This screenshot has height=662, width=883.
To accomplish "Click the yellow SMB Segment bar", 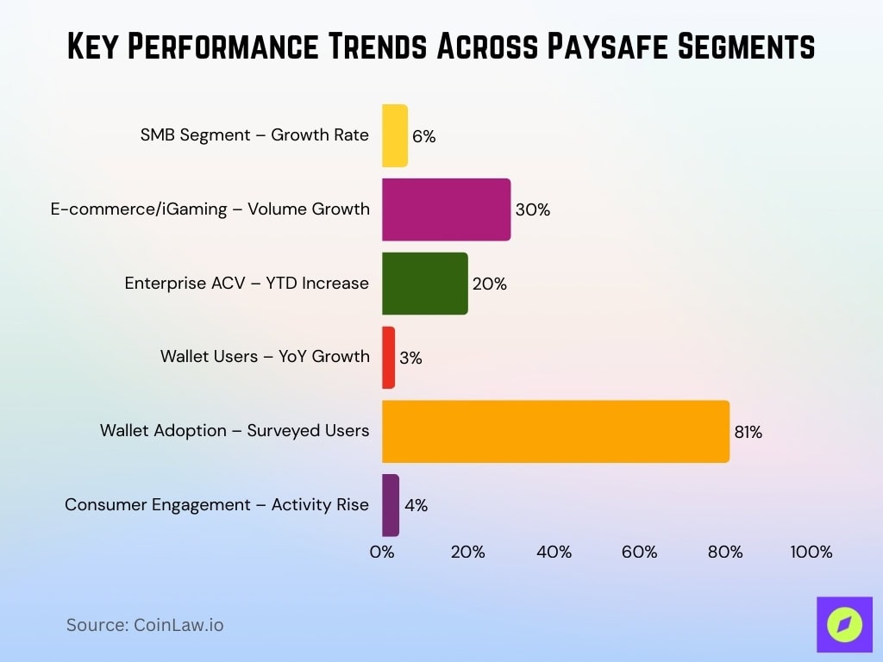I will click(x=395, y=135).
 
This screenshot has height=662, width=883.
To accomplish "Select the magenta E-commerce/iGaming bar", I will click(x=446, y=209).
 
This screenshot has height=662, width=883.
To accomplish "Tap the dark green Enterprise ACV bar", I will click(x=424, y=284).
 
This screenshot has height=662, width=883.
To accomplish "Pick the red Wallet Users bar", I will click(x=389, y=357).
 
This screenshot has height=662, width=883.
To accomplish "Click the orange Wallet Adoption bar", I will click(x=555, y=431).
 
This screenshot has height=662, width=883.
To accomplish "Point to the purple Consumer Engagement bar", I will click(x=391, y=505).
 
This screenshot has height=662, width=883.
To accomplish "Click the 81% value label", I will click(x=748, y=432).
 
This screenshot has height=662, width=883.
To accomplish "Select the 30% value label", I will click(x=532, y=209).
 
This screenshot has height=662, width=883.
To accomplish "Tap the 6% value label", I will click(x=423, y=136).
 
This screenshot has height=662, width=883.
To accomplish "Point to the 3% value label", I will click(x=410, y=358).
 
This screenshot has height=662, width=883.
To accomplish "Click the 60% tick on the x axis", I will click(x=639, y=552).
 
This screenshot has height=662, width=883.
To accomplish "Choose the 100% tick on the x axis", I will click(x=811, y=552).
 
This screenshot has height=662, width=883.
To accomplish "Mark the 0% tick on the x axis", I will click(x=382, y=552).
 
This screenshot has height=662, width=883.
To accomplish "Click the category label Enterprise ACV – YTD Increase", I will click(x=247, y=283).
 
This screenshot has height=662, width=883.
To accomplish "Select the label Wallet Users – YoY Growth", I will click(x=265, y=356).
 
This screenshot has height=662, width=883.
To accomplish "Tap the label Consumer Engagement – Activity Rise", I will click(x=216, y=504).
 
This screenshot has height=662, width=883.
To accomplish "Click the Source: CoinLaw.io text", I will click(x=145, y=625).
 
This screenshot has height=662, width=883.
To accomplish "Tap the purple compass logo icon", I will click(x=844, y=624).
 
